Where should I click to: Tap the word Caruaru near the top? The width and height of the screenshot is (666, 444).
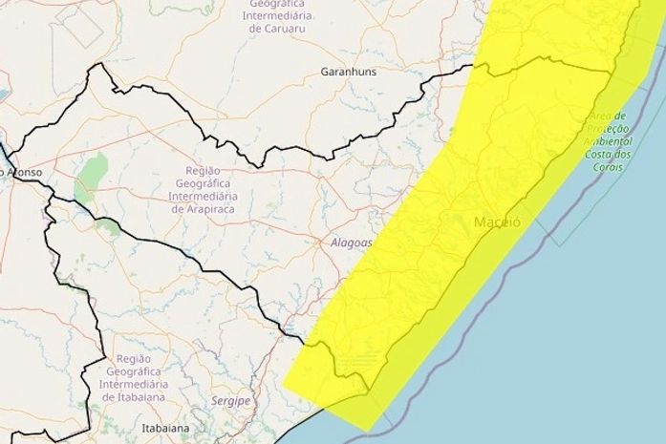coord(282,29)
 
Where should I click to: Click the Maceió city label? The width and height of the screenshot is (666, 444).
coord(496,222)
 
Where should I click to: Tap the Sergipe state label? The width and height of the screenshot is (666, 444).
coord(231,401)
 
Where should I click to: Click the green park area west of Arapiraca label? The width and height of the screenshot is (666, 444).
coord(93,173)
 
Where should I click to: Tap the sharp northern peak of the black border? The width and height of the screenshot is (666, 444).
coord(96,64)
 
